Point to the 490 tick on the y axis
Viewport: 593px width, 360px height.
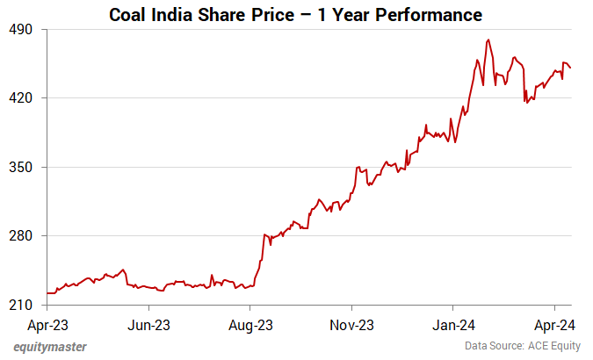(21, 29)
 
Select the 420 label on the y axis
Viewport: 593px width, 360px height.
(21, 97)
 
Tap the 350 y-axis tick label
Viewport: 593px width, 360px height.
(21, 167)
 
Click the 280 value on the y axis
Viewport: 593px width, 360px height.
(21, 236)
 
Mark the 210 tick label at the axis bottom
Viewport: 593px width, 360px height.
(21, 305)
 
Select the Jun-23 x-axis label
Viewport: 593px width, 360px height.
(148, 324)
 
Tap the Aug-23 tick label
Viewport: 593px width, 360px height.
(250, 324)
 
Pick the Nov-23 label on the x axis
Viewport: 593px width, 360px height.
(351, 324)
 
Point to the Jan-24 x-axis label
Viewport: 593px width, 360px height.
(452, 324)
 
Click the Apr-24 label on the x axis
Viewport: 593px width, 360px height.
(554, 324)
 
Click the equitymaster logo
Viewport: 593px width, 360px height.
(50, 347)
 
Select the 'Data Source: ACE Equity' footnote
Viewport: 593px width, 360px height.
(523, 347)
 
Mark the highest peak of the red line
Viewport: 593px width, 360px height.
(488, 40)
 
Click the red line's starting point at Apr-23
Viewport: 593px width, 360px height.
(47, 293)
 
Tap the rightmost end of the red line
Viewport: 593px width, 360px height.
(570, 68)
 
